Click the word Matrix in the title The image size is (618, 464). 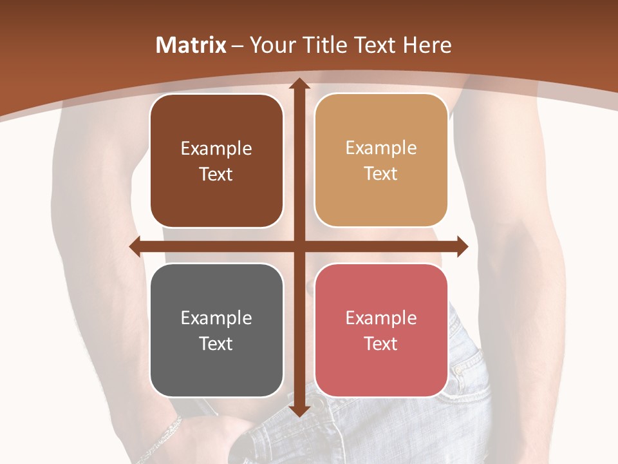pyautogui.click(x=191, y=45)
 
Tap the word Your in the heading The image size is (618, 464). pyautogui.click(x=271, y=45)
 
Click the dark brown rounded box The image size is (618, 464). pyautogui.click(x=216, y=161)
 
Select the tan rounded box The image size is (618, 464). pyautogui.click(x=381, y=160)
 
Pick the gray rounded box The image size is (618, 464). pyautogui.click(x=216, y=330)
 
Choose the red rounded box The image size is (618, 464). pyautogui.click(x=381, y=330)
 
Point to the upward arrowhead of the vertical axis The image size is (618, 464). pyautogui.click(x=299, y=83)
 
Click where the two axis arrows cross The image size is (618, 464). pyautogui.click(x=299, y=246)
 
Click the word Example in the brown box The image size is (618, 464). pyautogui.click(x=216, y=149)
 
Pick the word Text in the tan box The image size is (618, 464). pyautogui.click(x=381, y=174)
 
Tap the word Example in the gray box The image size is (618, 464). pyautogui.click(x=216, y=318)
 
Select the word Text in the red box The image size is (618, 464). pyautogui.click(x=381, y=343)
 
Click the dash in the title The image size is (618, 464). pyautogui.click(x=238, y=46)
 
